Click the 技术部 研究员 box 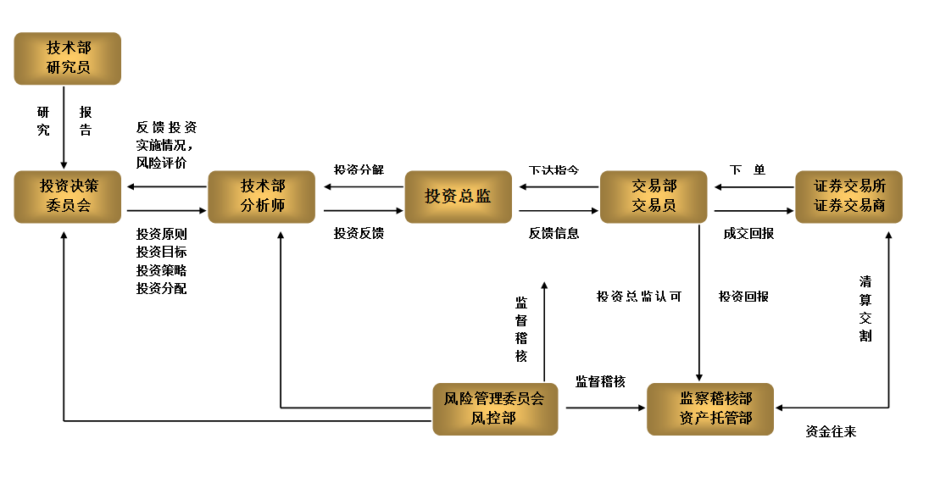(68, 58)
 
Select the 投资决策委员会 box (68, 197)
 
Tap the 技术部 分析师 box (262, 197)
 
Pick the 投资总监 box (458, 197)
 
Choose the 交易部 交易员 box (654, 197)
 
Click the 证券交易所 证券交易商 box (849, 197)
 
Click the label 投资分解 (359, 169)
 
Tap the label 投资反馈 (359, 233)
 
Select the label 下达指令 (554, 169)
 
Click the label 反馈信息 (554, 233)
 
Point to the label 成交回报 (748, 233)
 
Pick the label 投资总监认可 (638, 297)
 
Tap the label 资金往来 (831, 432)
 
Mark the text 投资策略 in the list (161, 270)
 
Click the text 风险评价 (161, 162)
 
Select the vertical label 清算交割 (865, 308)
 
